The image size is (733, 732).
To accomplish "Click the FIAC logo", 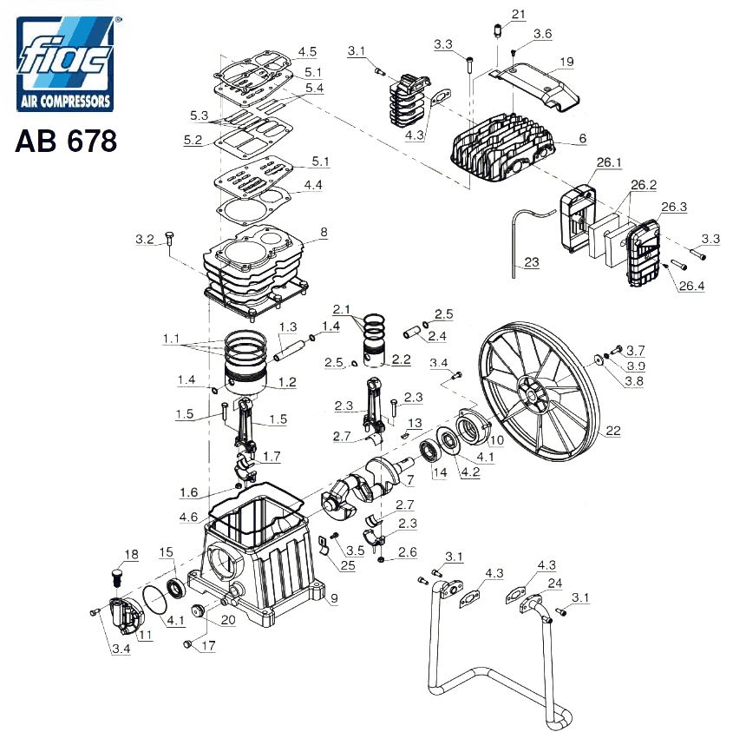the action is point(65,63).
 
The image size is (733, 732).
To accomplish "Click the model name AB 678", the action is point(66,141).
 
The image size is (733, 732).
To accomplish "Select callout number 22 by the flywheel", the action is point(613,430).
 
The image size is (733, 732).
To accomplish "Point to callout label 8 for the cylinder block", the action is point(324,232).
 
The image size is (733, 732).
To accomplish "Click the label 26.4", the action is point(691,286).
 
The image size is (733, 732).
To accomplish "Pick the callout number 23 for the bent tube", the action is point(532,262).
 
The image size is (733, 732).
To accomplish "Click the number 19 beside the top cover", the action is point(566,62).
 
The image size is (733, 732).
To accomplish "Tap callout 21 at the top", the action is point(519,14).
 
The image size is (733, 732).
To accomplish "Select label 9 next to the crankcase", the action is point(334,597).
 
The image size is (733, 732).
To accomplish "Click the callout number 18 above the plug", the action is point(131,554).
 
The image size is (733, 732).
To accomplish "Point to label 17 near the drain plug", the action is point(208,645).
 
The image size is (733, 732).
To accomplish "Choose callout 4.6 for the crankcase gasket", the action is point(188,517).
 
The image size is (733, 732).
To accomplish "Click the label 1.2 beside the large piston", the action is point(287,382).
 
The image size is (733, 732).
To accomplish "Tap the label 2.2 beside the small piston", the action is point(401,359).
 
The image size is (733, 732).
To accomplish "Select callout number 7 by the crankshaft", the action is point(410,479).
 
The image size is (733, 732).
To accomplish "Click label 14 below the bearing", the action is point(440,472).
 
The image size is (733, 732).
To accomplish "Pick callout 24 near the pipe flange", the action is point(555,583).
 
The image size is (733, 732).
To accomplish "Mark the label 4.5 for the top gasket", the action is point(307,51).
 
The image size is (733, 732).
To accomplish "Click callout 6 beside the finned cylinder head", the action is point(582,138).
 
